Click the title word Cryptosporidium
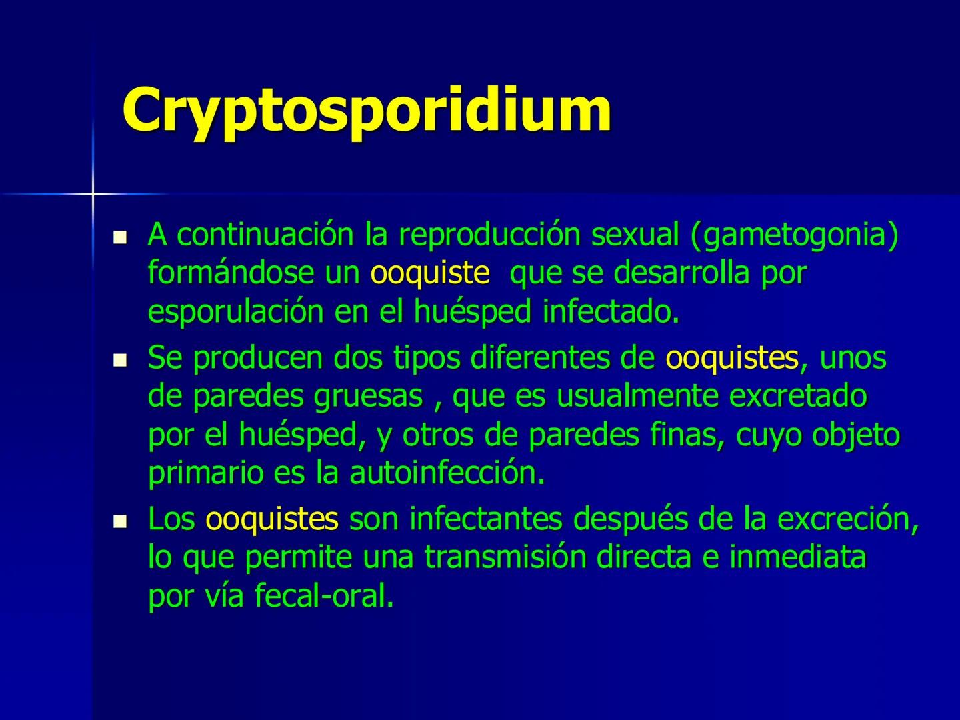pyautogui.click(x=367, y=111)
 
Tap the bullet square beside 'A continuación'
pyautogui.click(x=120, y=237)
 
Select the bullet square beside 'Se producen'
pyautogui.click(x=120, y=361)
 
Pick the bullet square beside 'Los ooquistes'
pyautogui.click(x=120, y=521)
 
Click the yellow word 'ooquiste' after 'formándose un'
pyautogui.click(x=430, y=273)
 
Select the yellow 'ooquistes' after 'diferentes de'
pyautogui.click(x=732, y=359)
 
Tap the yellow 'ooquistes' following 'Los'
pyautogui.click(x=272, y=520)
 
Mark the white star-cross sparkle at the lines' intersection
pyautogui.click(x=93, y=194)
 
